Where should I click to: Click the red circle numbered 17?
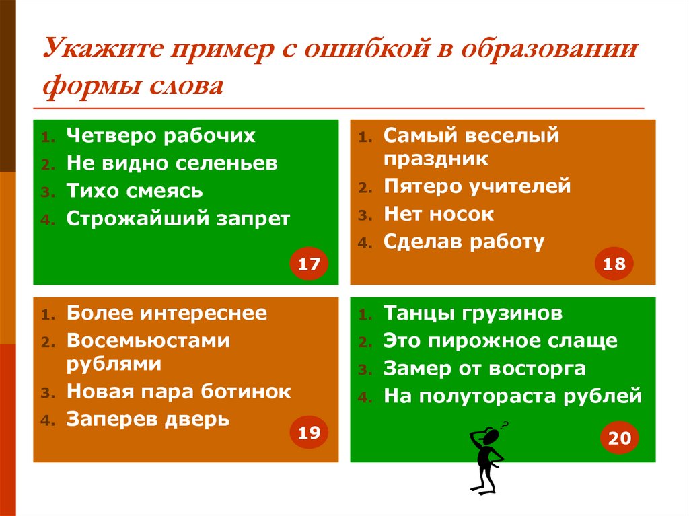click(309, 264)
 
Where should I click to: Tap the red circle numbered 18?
click(614, 264)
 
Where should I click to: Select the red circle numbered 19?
click(309, 433)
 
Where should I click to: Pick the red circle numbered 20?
click(619, 438)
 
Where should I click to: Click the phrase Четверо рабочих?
click(161, 135)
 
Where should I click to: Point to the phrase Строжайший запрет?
click(178, 219)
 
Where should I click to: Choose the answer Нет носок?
click(439, 215)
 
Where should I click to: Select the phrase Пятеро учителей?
click(477, 186)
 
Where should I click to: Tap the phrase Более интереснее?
click(167, 313)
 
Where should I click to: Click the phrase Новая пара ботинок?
click(179, 392)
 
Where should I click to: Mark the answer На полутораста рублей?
click(513, 396)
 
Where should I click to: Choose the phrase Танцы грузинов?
click(473, 313)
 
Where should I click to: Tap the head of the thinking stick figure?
click(492, 437)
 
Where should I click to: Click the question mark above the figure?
click(505, 424)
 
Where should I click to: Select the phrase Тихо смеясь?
click(135, 191)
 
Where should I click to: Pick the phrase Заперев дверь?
click(148, 420)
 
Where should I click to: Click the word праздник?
click(436, 159)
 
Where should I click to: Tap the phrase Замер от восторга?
click(484, 369)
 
